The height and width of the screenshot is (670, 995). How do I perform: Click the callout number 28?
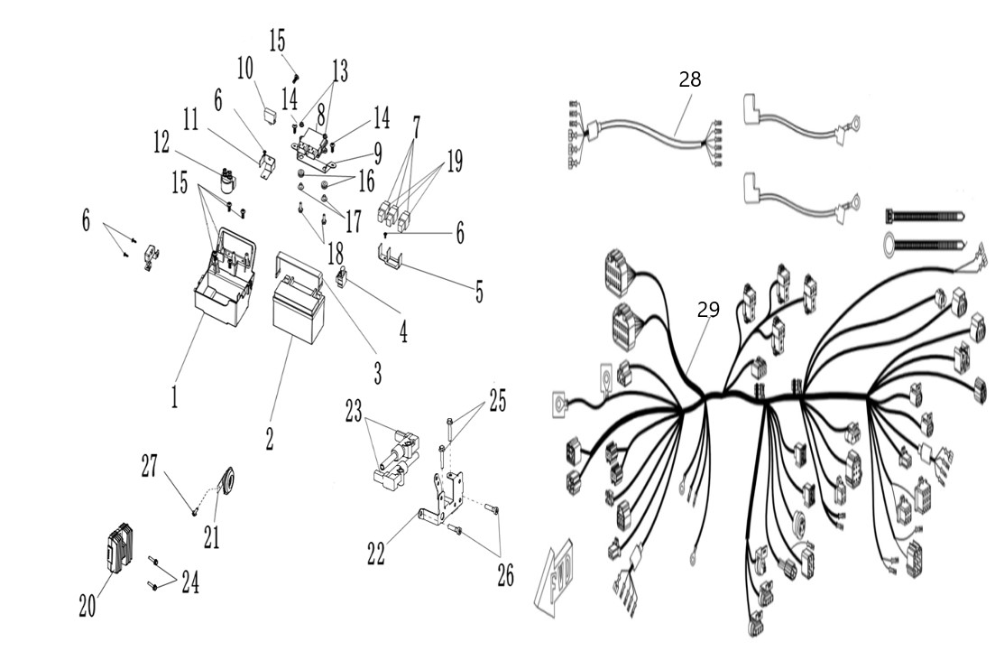(690, 79)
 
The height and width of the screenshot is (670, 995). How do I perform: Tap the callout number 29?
(708, 310)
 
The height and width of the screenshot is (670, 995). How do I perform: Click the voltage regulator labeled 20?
(120, 547)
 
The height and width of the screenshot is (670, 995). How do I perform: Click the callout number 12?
(161, 143)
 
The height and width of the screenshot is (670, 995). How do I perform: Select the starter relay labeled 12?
(227, 181)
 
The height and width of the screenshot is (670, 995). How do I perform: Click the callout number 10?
(245, 68)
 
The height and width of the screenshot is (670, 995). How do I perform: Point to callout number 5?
(479, 293)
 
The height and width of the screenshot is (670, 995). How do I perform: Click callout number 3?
(378, 374)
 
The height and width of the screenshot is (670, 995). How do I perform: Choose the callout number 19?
(455, 162)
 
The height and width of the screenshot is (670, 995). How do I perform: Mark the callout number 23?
(354, 411)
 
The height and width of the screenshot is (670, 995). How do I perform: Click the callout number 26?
(505, 576)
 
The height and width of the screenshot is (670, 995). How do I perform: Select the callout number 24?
(190, 582)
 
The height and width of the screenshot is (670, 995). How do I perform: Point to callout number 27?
(149, 466)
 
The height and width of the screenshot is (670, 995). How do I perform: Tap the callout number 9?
(378, 153)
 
